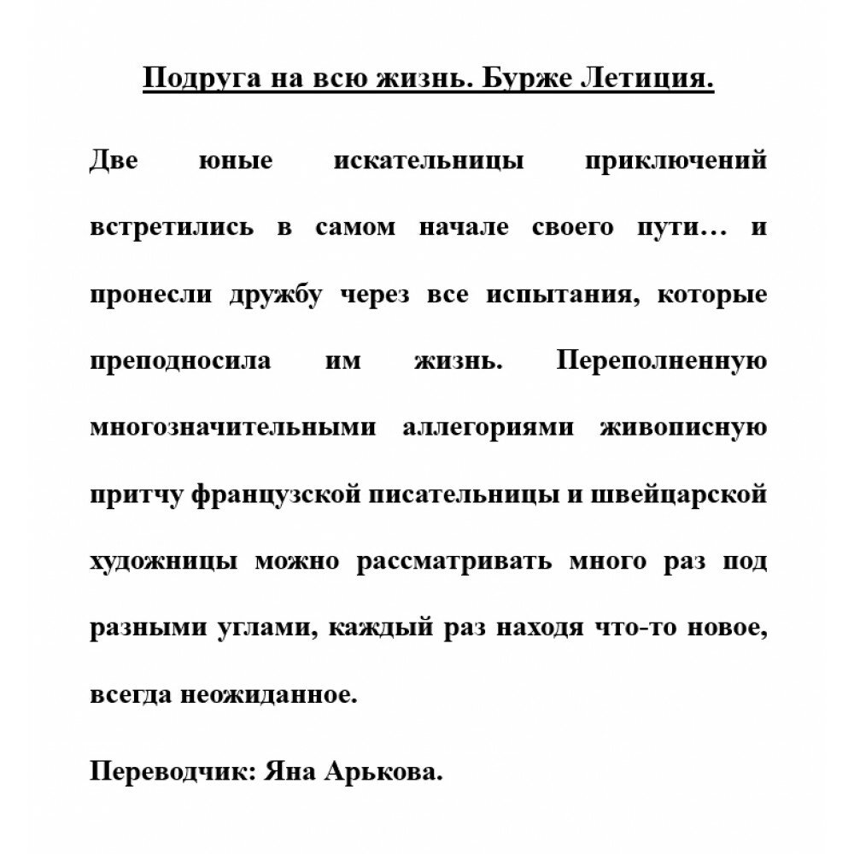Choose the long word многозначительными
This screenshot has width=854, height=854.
[x=232, y=427]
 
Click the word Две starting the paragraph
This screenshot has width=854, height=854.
[x=113, y=161]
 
